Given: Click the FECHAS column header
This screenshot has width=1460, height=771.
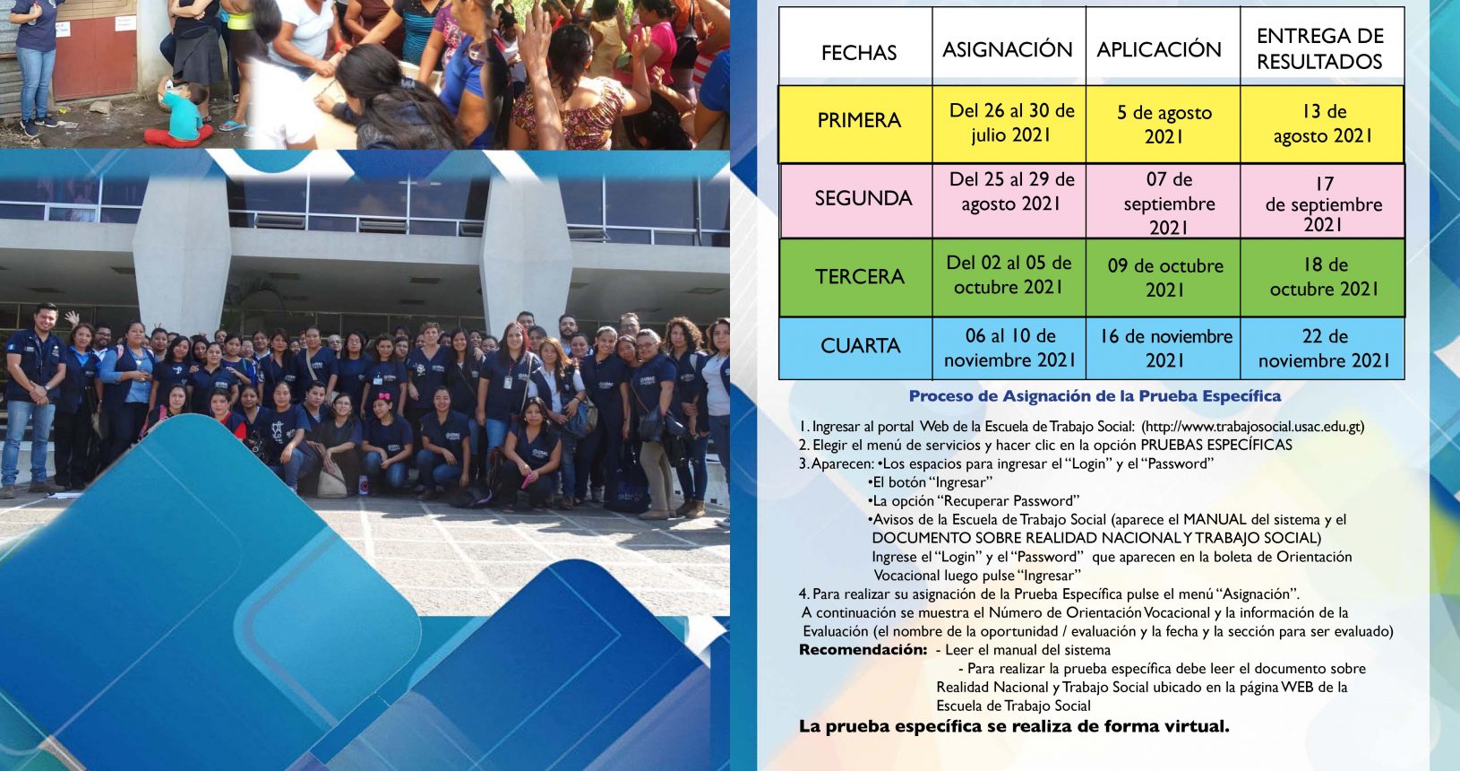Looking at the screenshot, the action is [x=858, y=52].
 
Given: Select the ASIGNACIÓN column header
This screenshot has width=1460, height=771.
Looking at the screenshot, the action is [x=1008, y=49].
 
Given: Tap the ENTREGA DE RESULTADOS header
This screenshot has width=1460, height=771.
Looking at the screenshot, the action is [x=1320, y=48].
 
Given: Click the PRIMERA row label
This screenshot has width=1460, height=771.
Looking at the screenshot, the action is [x=859, y=120].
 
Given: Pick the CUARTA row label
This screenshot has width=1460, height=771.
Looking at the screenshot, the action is [x=861, y=346].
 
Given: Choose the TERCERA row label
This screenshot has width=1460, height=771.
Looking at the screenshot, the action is [x=860, y=276].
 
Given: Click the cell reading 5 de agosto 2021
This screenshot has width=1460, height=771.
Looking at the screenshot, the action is [x=1164, y=124].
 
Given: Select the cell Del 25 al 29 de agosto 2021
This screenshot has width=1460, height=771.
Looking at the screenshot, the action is [x=1011, y=191].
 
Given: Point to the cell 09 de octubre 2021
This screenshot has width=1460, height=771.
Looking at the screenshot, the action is [x=1165, y=277].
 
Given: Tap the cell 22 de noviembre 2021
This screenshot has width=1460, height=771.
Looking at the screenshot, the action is [x=1324, y=349].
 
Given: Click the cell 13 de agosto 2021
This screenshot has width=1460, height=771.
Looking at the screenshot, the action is [x=1323, y=124].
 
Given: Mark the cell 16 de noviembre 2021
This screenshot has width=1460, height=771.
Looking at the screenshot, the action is [x=1166, y=349].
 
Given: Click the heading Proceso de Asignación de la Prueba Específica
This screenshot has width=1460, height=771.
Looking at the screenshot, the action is [x=1095, y=396].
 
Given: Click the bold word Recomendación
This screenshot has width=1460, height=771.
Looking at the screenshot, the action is [x=863, y=650].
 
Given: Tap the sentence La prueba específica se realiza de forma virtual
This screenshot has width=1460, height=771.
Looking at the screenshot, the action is [x=1014, y=726].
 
